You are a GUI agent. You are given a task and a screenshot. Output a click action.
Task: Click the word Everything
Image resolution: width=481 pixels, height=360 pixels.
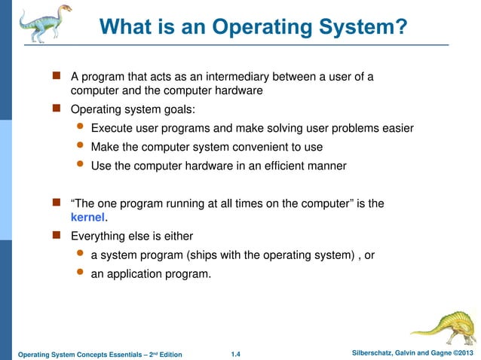97,236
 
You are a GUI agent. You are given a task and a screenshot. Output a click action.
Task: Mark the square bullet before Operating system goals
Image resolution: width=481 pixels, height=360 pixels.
56,109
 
